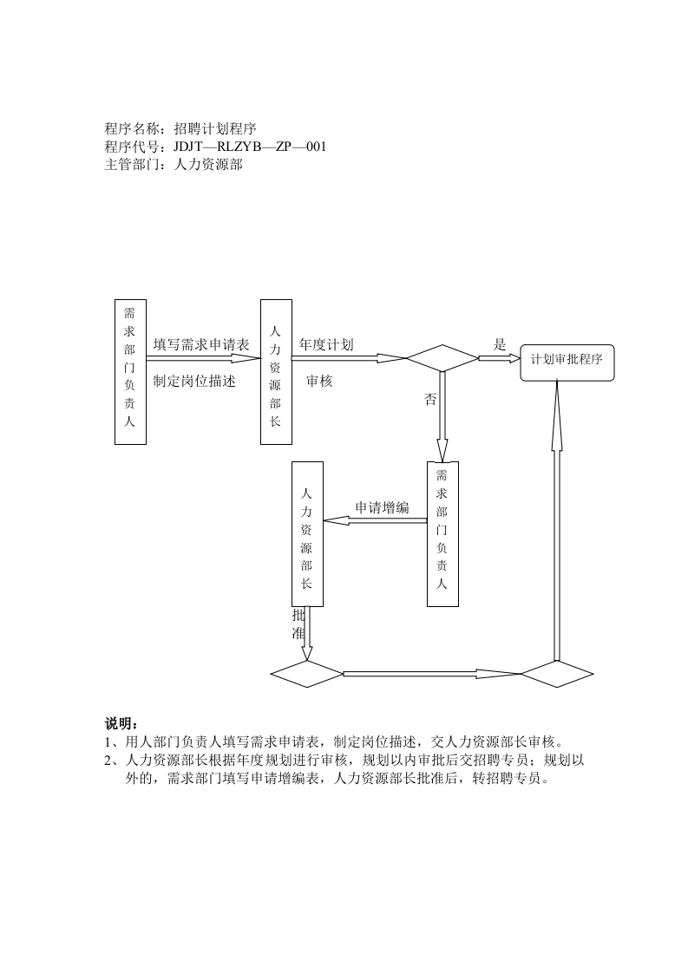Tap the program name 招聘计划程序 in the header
(x=214, y=128)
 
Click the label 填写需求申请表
(x=201, y=344)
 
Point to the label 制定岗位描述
(x=194, y=381)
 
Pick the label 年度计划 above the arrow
(x=326, y=344)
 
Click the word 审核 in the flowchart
(x=319, y=381)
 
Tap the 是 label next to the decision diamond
(x=500, y=344)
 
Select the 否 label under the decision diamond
(x=430, y=400)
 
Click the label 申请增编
(x=382, y=507)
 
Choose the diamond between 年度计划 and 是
(x=442, y=358)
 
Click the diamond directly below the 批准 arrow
(x=307, y=673)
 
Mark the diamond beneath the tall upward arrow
(x=556, y=673)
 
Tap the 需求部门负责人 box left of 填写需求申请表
(x=130, y=372)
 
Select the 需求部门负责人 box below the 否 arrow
(x=442, y=533)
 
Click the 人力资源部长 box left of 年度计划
(x=275, y=372)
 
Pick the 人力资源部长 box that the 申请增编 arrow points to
(x=306, y=533)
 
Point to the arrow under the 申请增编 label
(x=375, y=520)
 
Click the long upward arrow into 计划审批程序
(x=556, y=520)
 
